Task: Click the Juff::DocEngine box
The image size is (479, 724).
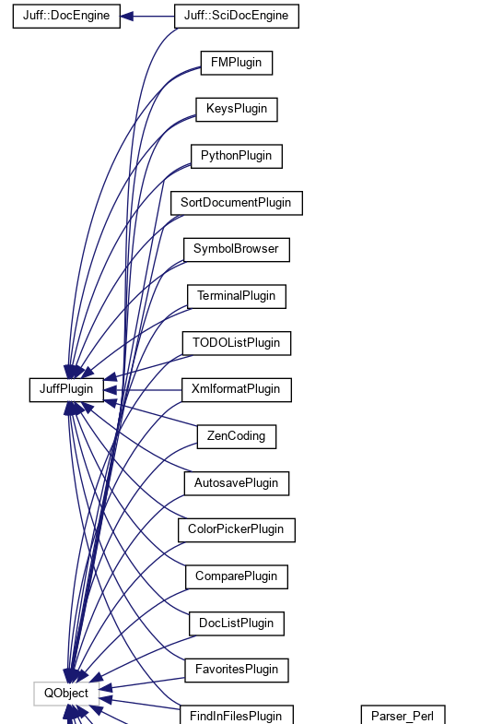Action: click(66, 17)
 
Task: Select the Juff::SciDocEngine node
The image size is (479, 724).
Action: click(237, 17)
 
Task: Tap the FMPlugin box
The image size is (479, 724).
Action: click(237, 63)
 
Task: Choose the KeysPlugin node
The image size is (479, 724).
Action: click(237, 109)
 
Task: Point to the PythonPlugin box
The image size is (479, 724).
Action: click(237, 156)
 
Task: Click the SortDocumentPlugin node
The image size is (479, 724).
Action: click(237, 203)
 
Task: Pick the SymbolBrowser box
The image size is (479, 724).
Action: click(237, 249)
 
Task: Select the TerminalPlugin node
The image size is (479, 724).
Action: click(237, 296)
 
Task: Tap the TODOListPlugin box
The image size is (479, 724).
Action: click(237, 343)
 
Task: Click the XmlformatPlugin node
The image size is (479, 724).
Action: click(237, 389)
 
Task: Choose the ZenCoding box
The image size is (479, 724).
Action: click(237, 436)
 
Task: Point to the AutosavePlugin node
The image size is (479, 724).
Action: click(237, 483)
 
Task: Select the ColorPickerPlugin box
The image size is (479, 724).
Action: click(237, 529)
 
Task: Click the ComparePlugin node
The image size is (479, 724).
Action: click(237, 576)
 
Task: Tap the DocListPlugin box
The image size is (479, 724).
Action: click(237, 623)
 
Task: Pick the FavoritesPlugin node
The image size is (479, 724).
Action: click(237, 670)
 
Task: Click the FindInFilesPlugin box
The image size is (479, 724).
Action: click(237, 715)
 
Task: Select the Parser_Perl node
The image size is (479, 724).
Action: click(403, 715)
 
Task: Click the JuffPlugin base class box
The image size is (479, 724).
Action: click(66, 389)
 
